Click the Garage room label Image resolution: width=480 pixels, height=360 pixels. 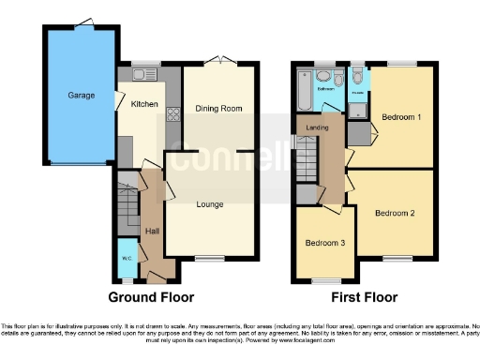pyautogui.click(x=80, y=96)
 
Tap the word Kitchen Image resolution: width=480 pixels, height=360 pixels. pyautogui.click(x=143, y=104)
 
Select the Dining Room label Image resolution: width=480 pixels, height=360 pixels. pyautogui.click(x=218, y=109)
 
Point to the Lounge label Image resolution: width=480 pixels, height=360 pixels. pyautogui.click(x=209, y=203)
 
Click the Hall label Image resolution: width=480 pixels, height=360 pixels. pyautogui.click(x=152, y=231)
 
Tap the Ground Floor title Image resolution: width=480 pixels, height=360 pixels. pyautogui.click(x=151, y=298)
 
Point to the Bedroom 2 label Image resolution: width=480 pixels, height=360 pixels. pyautogui.click(x=395, y=213)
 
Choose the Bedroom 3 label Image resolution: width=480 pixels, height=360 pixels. pyautogui.click(x=323, y=243)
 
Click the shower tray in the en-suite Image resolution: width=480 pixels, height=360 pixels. pyautogui.click(x=361, y=109)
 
